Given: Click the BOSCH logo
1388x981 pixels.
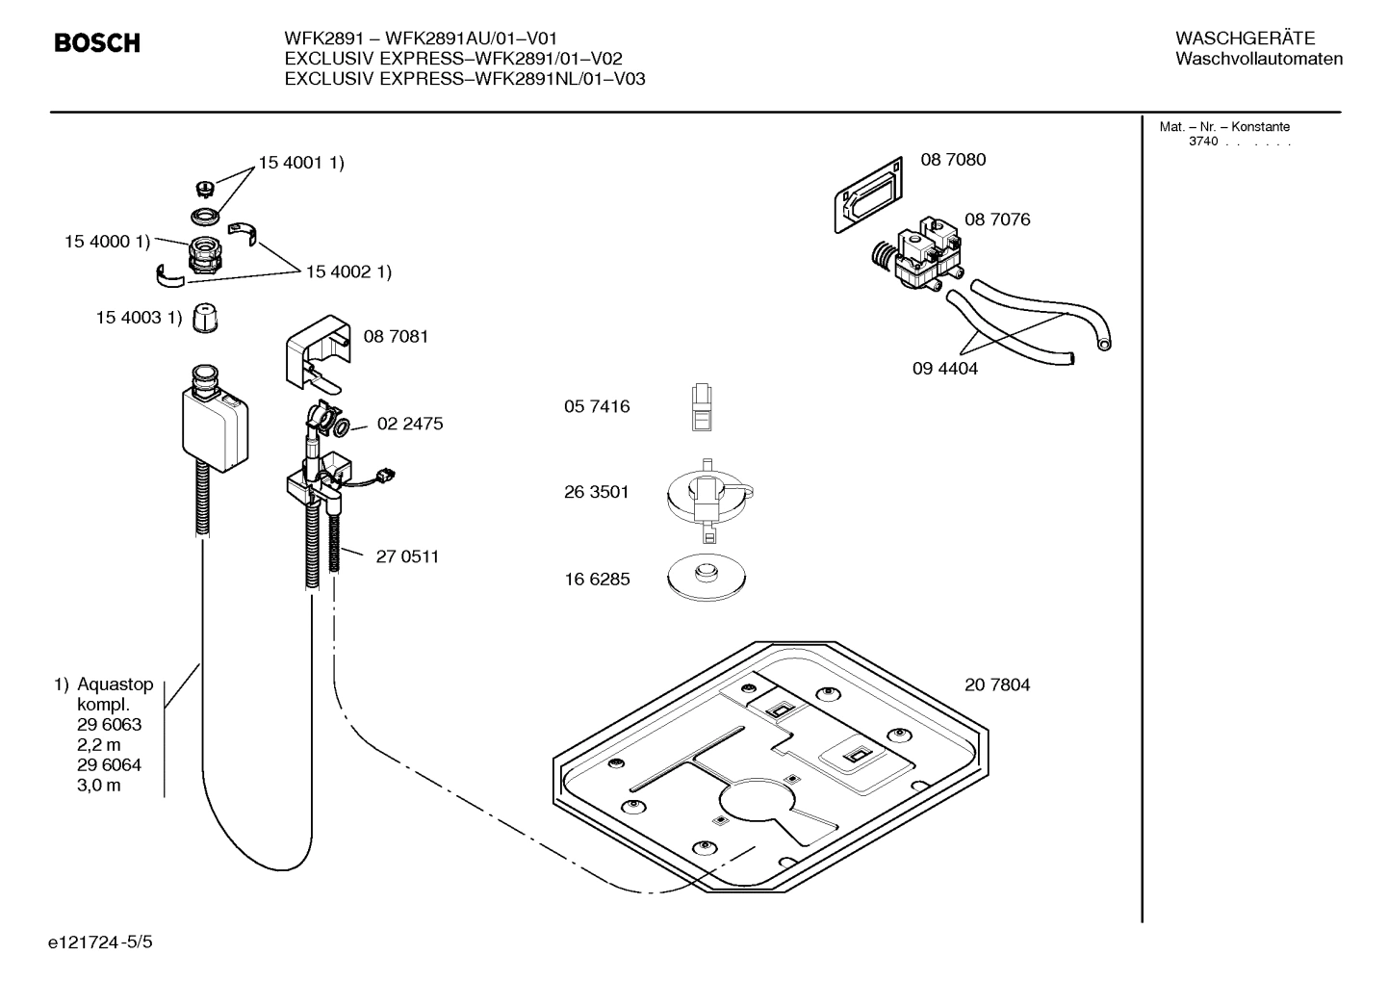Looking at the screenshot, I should pos(97,43).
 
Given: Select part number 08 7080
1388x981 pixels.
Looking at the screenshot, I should pos(953,160).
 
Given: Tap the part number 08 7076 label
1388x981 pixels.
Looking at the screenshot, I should pos(997,219).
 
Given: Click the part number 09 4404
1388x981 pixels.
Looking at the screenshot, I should pos(944,368).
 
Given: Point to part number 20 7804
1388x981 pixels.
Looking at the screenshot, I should pos(997,684).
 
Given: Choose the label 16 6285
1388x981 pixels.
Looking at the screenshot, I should pos(597,580).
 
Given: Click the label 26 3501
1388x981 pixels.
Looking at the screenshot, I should pos(597,492).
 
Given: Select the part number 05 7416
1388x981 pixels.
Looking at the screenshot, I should pos(597,406).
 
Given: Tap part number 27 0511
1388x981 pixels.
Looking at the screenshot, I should pos(407,556).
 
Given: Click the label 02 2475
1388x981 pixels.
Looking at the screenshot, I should pos(410,424).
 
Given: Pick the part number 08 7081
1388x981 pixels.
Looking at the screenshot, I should pos(396,336).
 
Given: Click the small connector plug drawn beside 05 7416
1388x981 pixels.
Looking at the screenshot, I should pos(703,406).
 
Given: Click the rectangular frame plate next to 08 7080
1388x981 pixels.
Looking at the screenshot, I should pos(868,194).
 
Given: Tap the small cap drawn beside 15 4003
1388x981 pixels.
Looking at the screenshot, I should pos(204,318).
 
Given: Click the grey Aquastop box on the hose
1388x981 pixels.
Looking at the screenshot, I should pos(217,427).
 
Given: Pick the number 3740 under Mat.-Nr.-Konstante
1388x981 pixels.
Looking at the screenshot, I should pos(1202,142).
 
